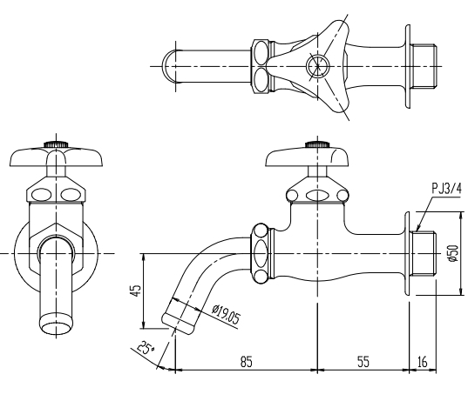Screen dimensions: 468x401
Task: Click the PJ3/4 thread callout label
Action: pos(446,189)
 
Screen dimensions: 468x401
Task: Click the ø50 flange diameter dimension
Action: pos(453,253)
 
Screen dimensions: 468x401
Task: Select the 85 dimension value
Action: pos(247,362)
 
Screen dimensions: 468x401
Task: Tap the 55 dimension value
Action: pos(363,362)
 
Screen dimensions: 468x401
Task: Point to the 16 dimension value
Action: pos(423,362)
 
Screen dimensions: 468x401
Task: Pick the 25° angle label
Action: pos(146,347)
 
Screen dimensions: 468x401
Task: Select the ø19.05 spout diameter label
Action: pos(226,315)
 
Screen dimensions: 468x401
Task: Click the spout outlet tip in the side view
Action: pos(178,324)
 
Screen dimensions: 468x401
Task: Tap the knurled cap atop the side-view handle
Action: pos(317,144)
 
